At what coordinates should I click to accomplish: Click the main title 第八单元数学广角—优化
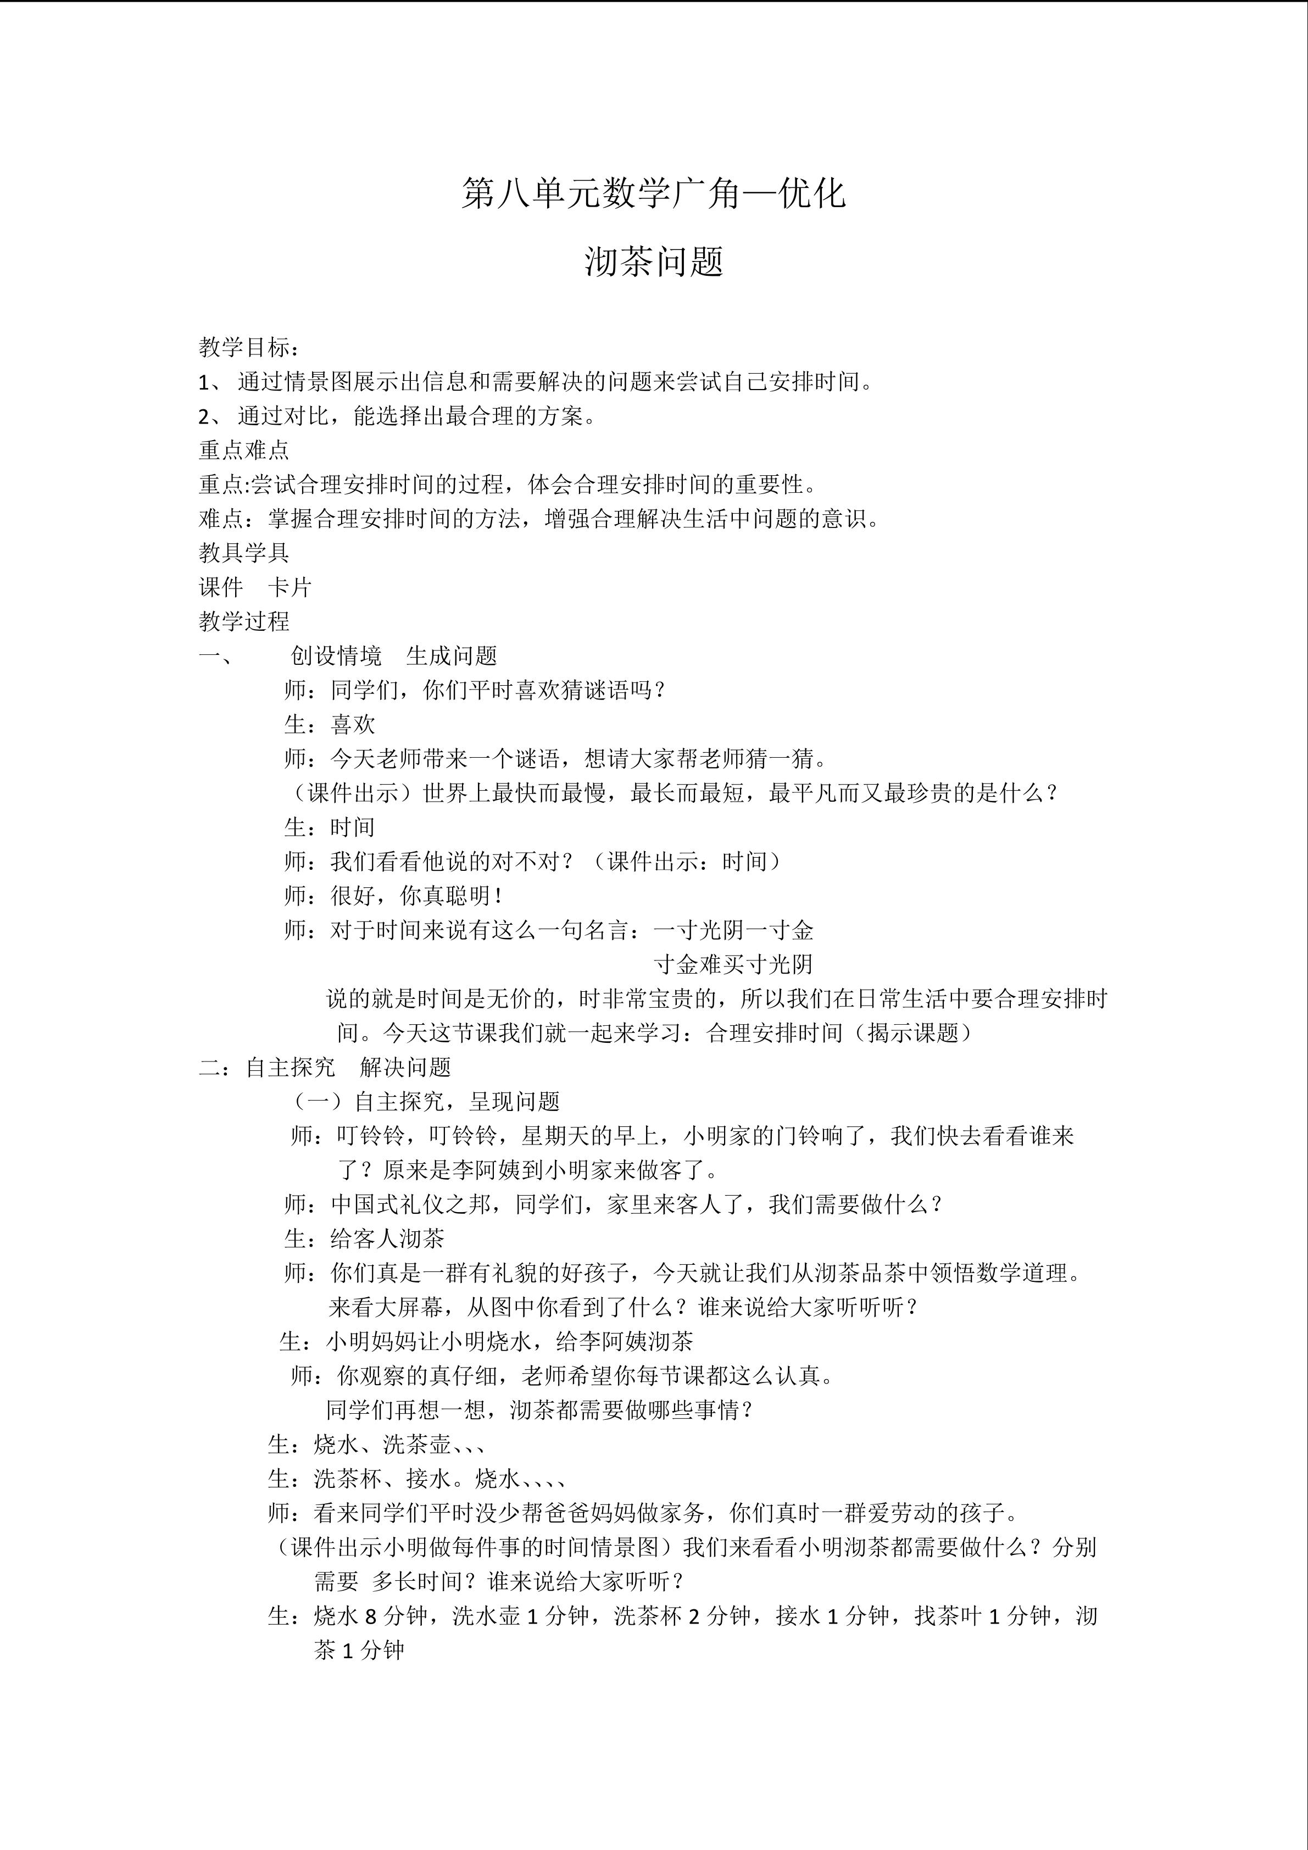653,194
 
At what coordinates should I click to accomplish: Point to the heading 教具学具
244,553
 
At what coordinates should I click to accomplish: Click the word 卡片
290,587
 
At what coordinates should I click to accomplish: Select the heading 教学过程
244,621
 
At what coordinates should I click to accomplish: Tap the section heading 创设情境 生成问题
394,656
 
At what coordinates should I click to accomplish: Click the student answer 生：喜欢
330,724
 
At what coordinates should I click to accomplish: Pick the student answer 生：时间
330,827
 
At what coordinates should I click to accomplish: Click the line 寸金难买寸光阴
734,964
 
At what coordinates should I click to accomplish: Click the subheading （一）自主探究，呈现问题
426,1102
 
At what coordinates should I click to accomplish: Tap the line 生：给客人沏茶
364,1238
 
